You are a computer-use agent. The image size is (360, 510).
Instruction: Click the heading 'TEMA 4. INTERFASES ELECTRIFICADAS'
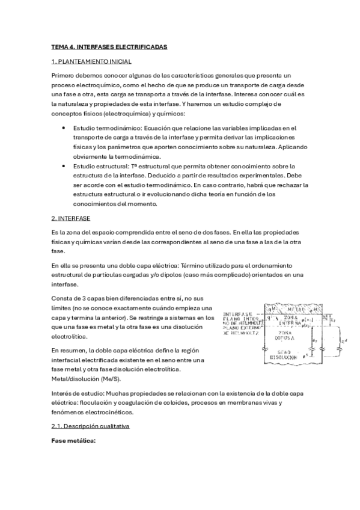point(109,47)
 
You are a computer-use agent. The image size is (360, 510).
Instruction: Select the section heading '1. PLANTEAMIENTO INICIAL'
point(91,62)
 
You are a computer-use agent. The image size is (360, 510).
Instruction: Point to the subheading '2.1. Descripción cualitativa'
point(90,426)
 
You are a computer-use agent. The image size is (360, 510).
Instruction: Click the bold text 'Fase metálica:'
point(74,441)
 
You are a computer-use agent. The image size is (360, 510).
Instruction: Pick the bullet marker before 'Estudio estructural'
point(64,165)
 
